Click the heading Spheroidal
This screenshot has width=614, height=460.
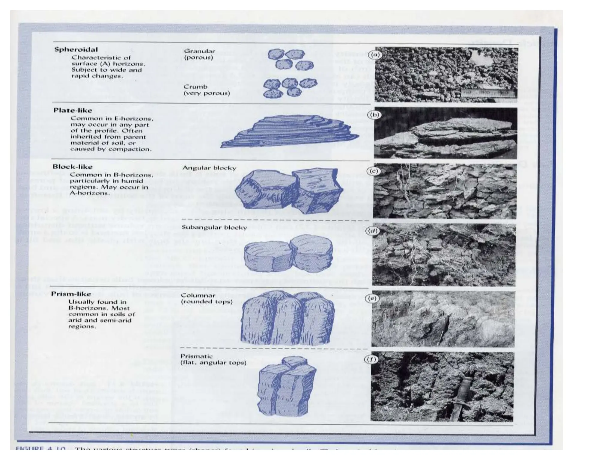tap(76, 49)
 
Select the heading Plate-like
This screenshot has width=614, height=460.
tap(73, 111)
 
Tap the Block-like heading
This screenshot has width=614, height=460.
tap(73, 167)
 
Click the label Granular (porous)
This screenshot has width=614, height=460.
tap(199, 54)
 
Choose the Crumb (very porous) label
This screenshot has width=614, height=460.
tap(207, 90)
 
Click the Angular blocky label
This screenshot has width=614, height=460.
tap(209, 168)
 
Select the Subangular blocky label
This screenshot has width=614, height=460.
tap(214, 227)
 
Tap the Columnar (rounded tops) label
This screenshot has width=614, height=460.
tap(207, 298)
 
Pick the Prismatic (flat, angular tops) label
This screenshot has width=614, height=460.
tap(213, 359)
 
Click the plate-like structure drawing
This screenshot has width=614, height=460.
tap(289, 131)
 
